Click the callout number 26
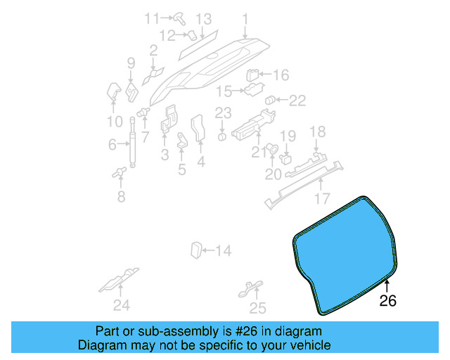[387, 300]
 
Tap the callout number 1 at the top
[245, 18]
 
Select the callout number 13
[203, 18]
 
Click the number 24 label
[122, 305]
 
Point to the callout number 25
[258, 307]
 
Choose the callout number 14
[223, 250]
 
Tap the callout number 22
[297, 101]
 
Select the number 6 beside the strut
[112, 145]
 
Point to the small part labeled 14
[197, 249]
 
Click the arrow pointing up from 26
[387, 285]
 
